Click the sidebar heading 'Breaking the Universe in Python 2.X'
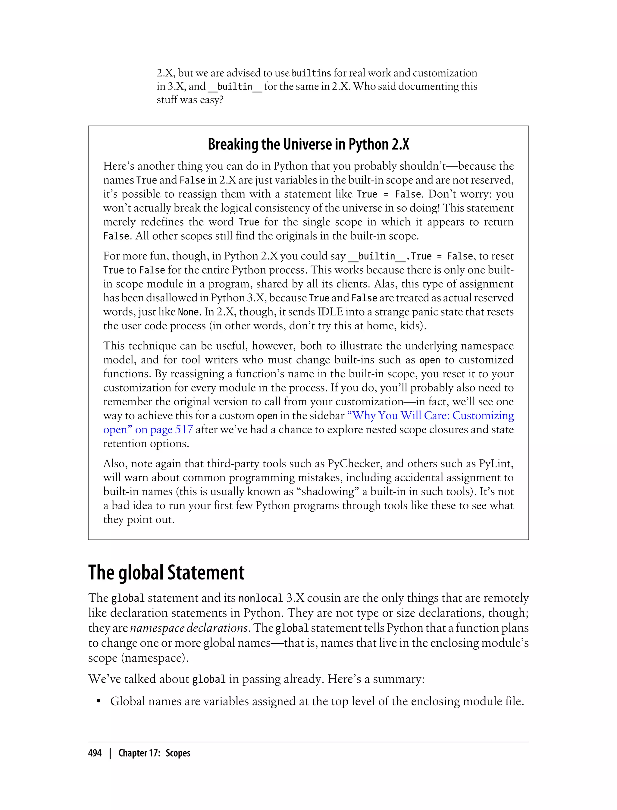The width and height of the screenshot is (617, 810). (308, 144)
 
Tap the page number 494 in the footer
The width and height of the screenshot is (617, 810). (95, 753)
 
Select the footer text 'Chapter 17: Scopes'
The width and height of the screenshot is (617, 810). (154, 753)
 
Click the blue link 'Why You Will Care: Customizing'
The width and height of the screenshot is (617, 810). (430, 416)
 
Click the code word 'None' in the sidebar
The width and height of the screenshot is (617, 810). (188, 312)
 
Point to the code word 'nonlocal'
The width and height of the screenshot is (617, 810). (260, 598)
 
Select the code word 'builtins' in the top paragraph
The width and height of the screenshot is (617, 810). (311, 73)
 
